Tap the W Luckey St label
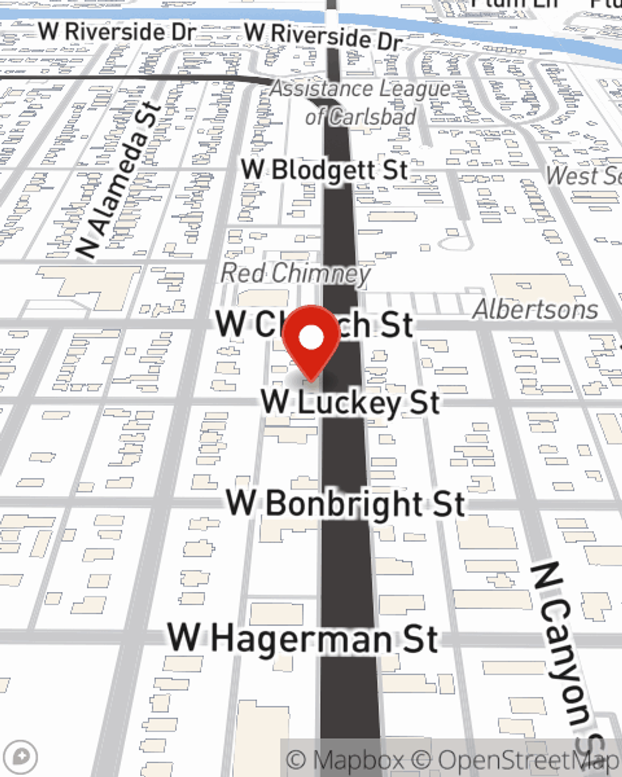coord(350,402)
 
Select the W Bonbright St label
coord(345,503)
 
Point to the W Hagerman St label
coord(303,638)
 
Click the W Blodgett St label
coord(324,170)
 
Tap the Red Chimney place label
coord(295,274)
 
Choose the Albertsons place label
coord(536,309)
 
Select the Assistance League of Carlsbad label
coord(360,103)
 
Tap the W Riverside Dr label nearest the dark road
coord(323,36)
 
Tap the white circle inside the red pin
coord(311,339)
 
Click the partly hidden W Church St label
coord(313,324)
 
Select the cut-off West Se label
coord(583,176)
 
